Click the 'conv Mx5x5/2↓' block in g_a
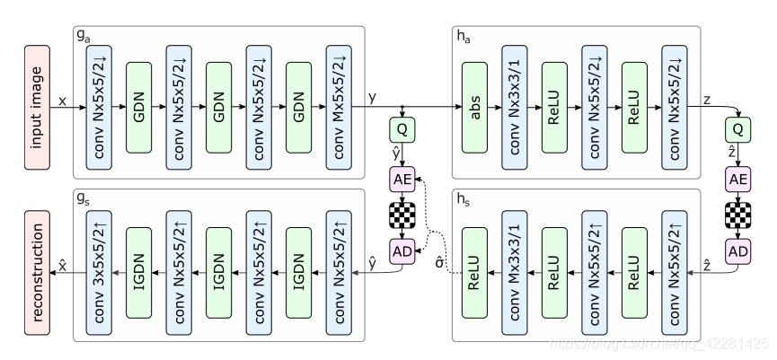pyautogui.click(x=340, y=103)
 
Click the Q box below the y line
pyautogui.click(x=402, y=129)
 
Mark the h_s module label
pyautogui.click(x=464, y=198)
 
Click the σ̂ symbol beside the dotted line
pyautogui.click(x=439, y=263)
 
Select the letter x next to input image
pyautogui.click(x=62, y=102)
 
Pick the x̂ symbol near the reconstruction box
pyautogui.click(x=63, y=260)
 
